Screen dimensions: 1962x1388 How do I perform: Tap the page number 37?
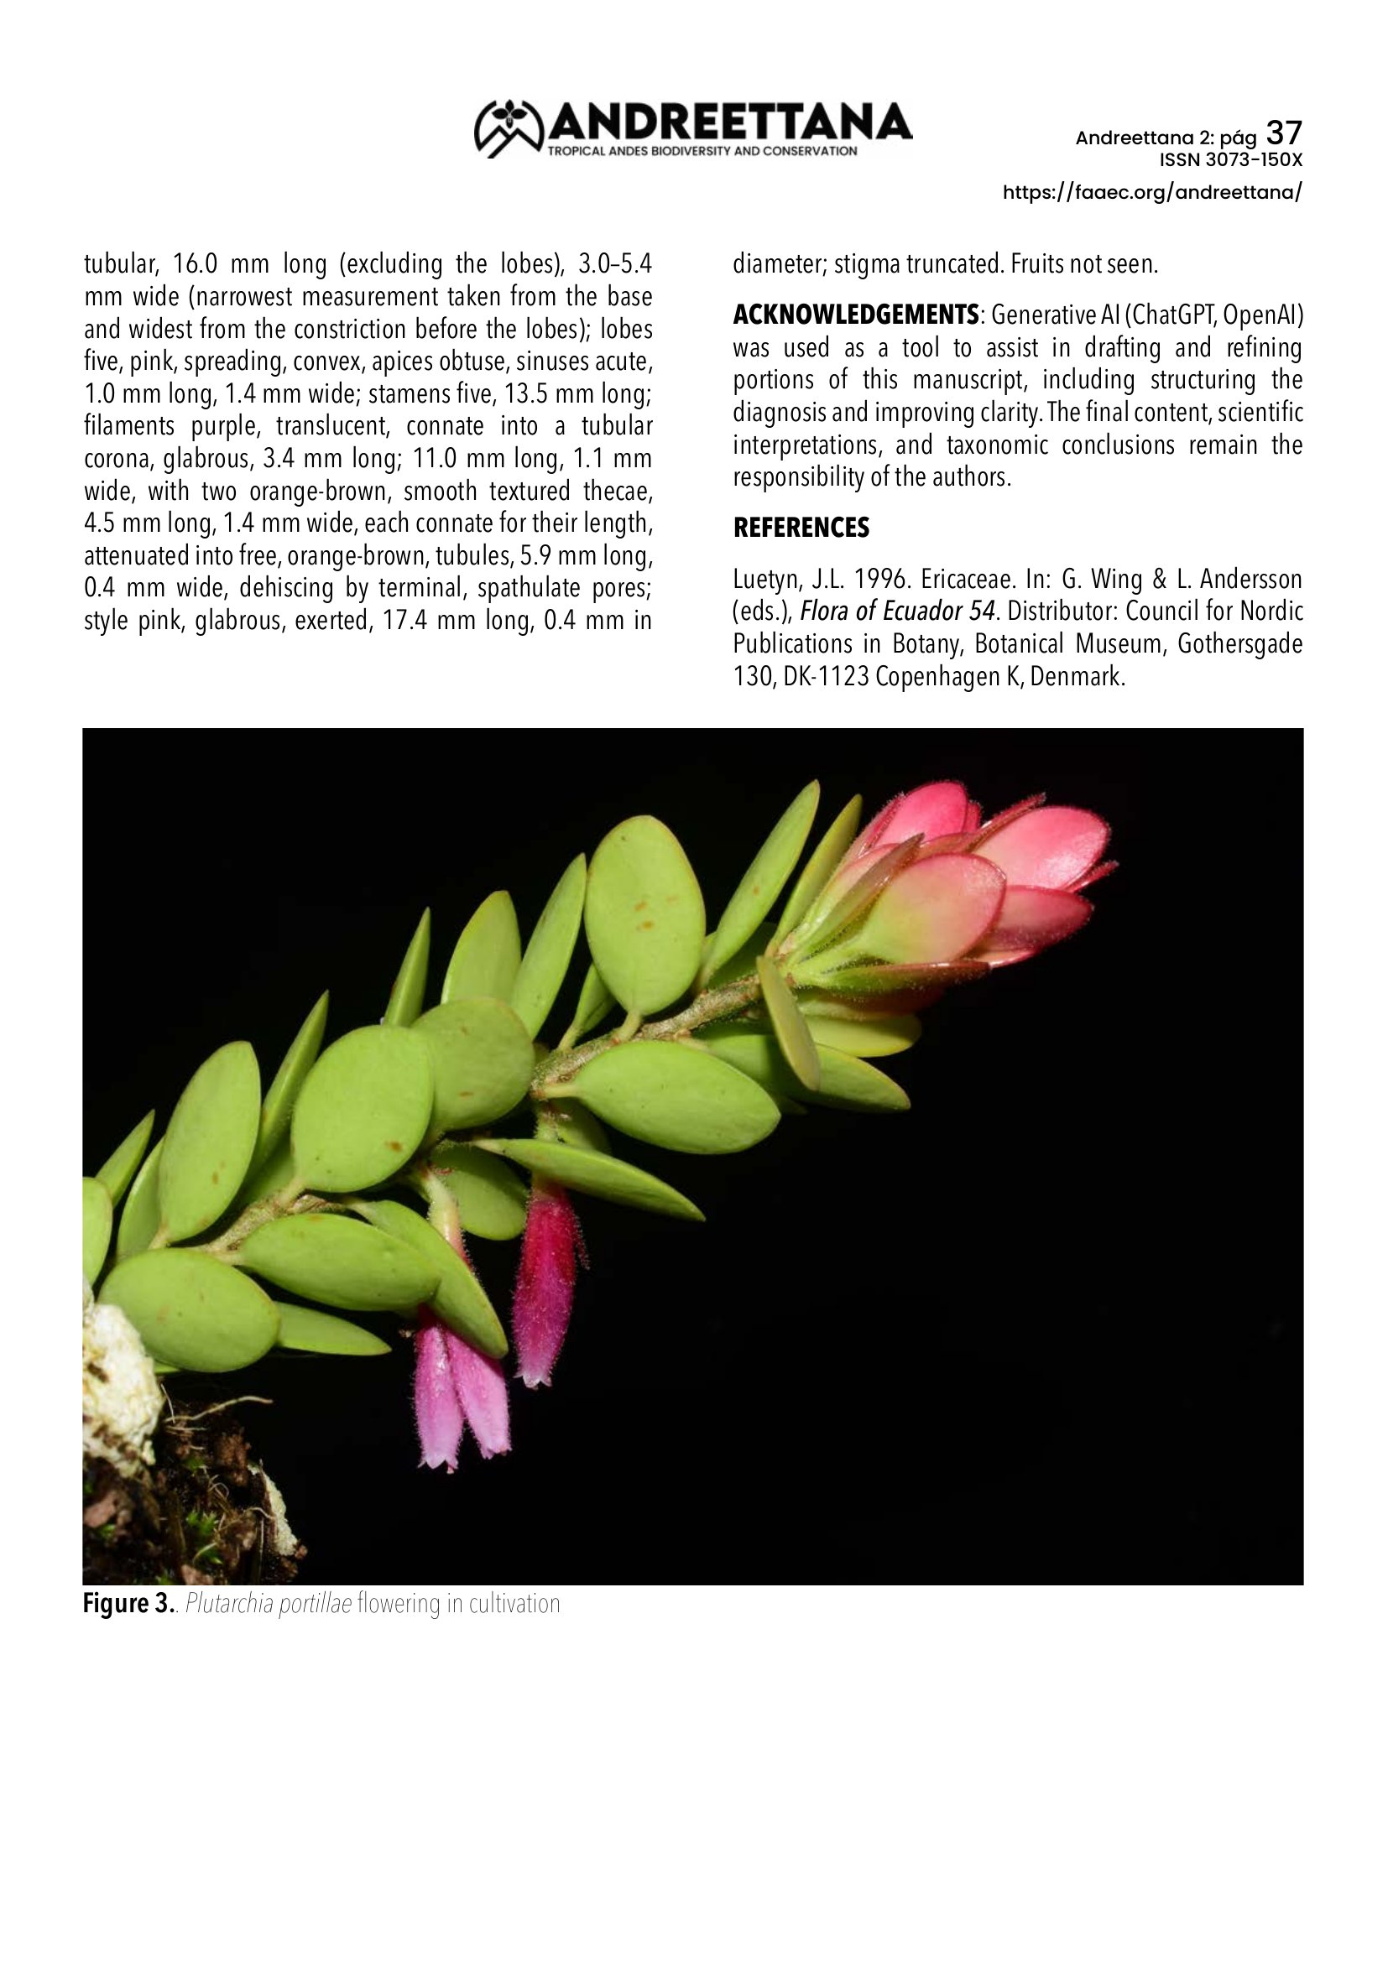(x=1284, y=133)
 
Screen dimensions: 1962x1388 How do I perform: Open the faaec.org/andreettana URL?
(x=1152, y=192)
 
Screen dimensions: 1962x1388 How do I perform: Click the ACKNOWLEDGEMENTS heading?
(x=855, y=315)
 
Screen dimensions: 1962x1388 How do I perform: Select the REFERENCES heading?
(x=801, y=528)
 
